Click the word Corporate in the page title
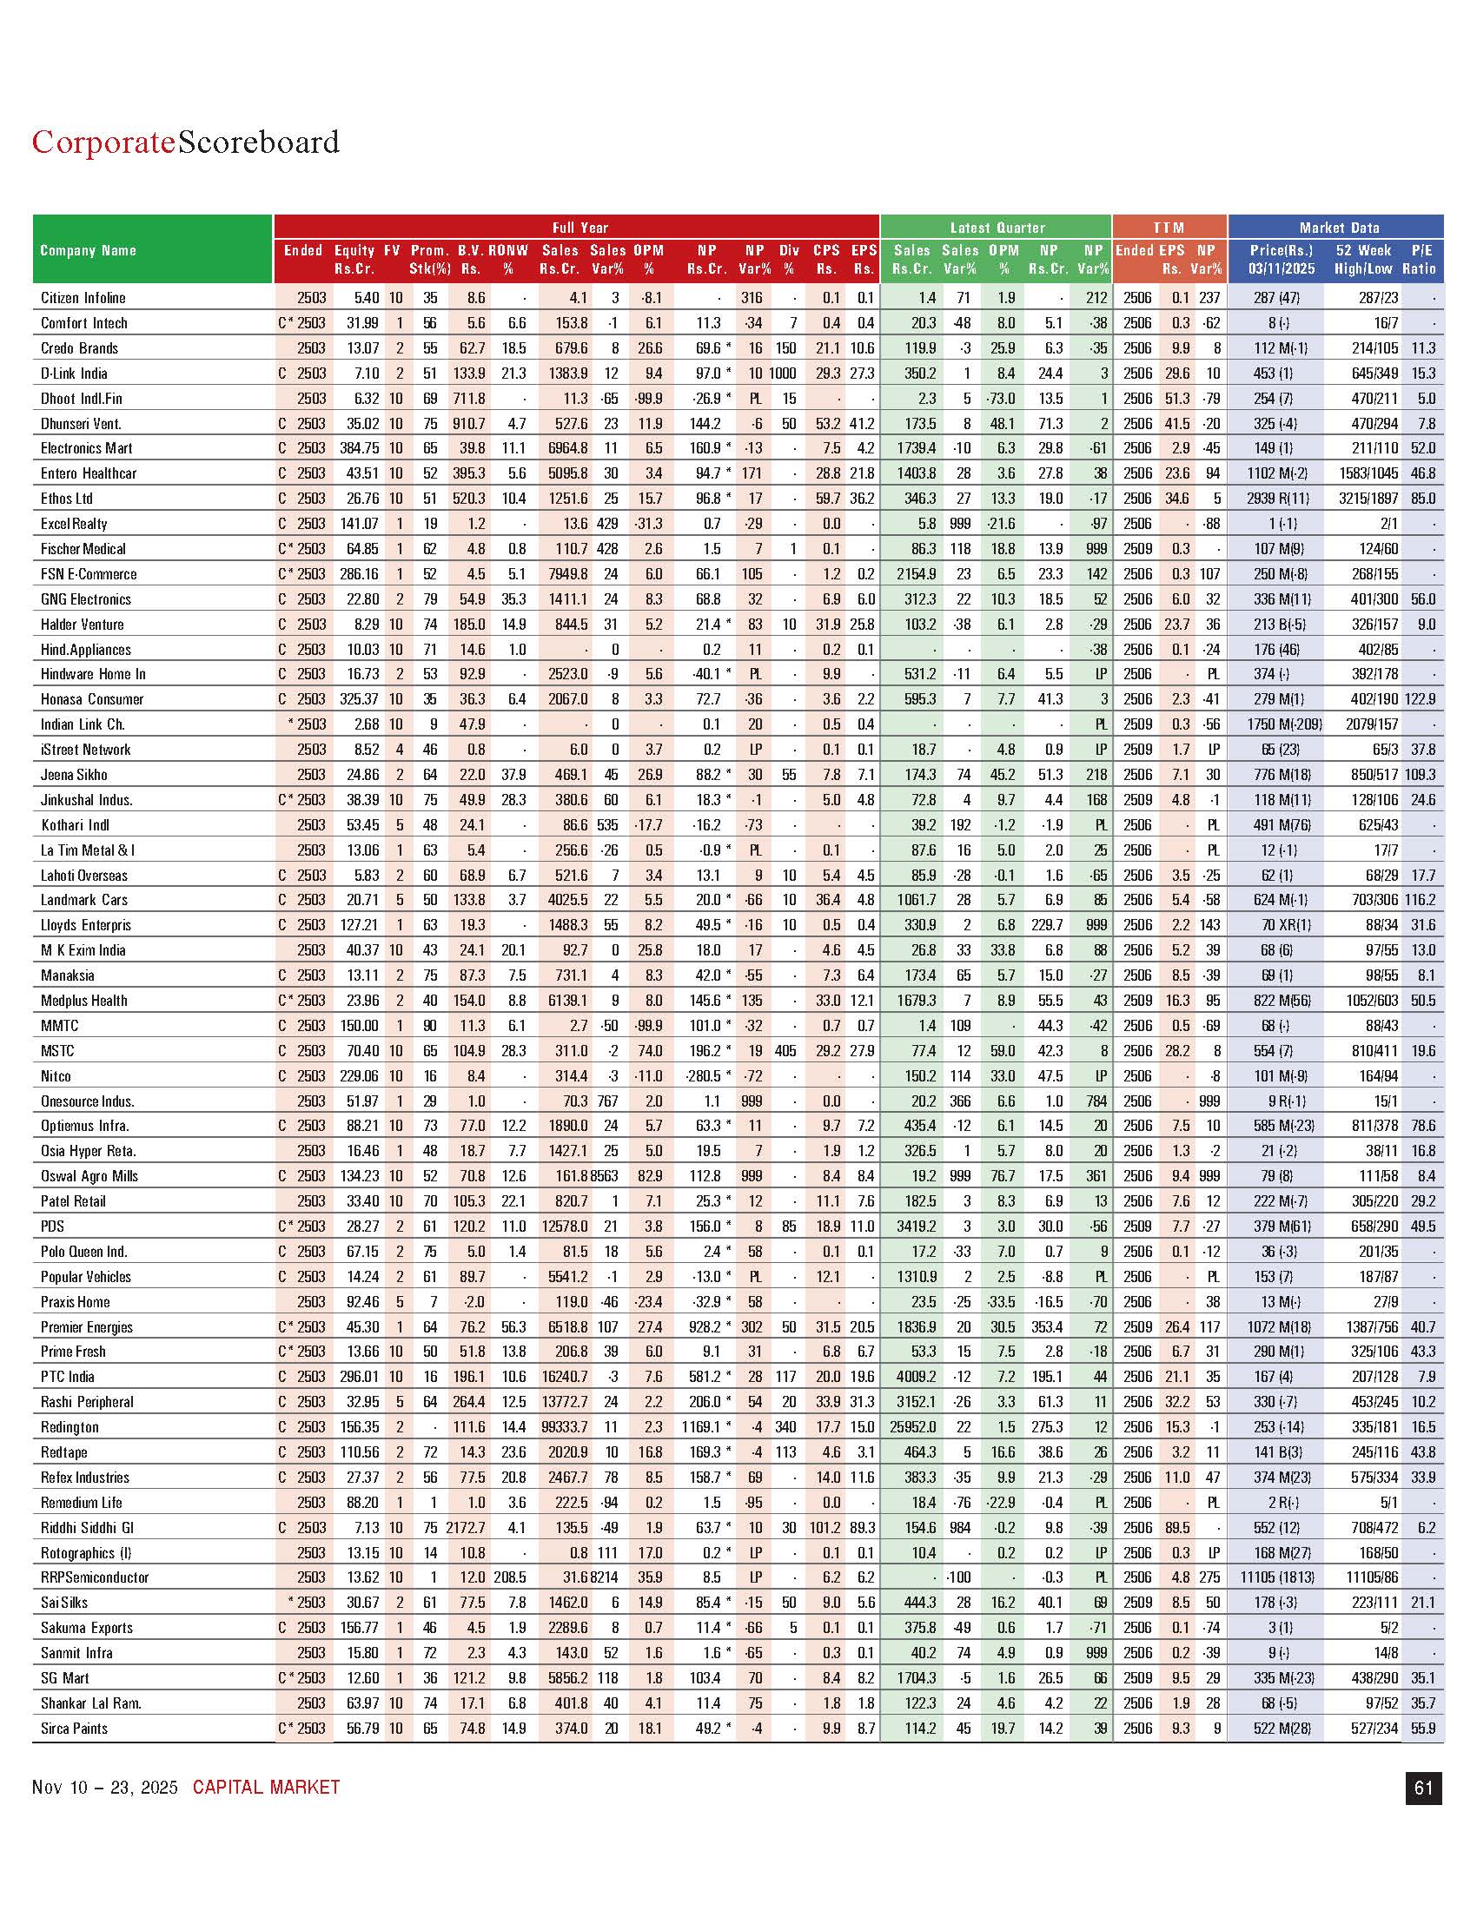[x=103, y=142]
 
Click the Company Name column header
[x=89, y=250]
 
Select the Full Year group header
[x=580, y=228]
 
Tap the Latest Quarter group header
[x=997, y=228]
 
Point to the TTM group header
[x=1168, y=228]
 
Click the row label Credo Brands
[x=79, y=348]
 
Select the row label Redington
[x=70, y=1427]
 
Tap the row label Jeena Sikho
[x=75, y=775]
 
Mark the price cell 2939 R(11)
[x=1278, y=499]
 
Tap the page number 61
[x=1423, y=1788]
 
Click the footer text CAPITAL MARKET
[x=266, y=1788]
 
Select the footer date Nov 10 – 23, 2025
[x=104, y=1788]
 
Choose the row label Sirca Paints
[x=75, y=1728]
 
